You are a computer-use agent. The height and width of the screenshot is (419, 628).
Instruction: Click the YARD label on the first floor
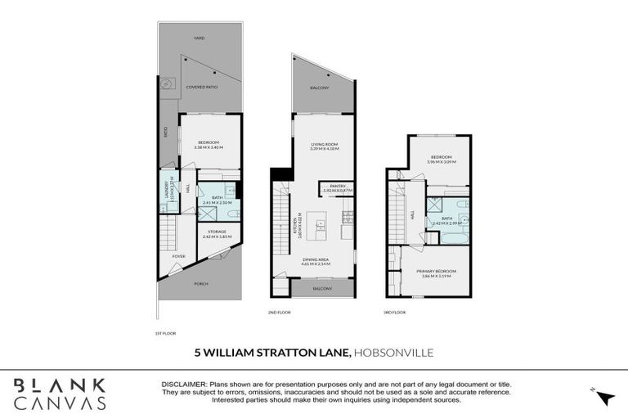point(199,38)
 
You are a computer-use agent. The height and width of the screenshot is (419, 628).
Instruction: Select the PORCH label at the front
point(201,284)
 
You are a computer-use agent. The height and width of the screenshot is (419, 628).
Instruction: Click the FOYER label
point(178,256)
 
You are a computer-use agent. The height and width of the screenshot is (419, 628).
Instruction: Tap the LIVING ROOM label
point(324,145)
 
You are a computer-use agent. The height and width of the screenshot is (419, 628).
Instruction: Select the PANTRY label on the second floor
point(339,187)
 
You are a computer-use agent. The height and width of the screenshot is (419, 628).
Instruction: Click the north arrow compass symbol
point(605,398)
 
